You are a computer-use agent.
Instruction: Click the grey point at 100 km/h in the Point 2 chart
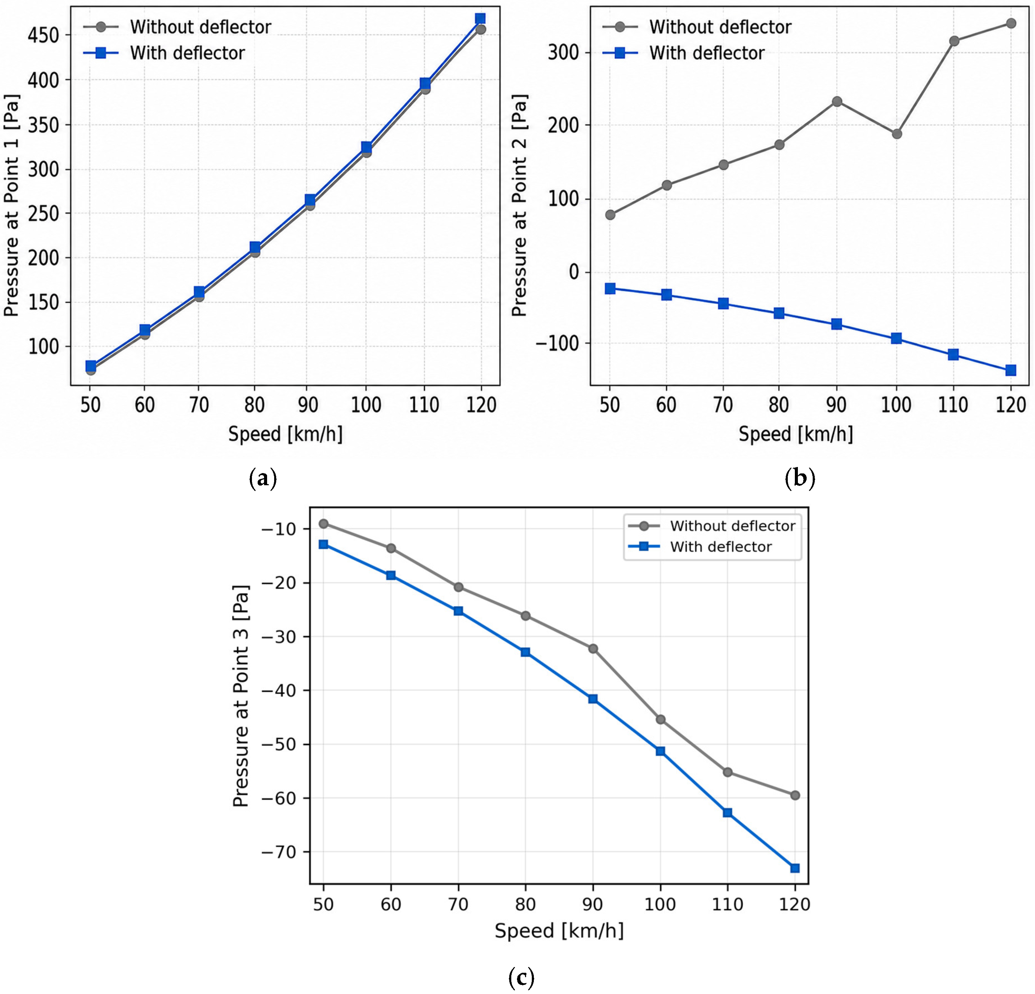click(897, 134)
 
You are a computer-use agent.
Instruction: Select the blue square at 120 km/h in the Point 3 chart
click(795, 868)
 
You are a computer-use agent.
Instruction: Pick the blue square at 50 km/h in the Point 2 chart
click(610, 288)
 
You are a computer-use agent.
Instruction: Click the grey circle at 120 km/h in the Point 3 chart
click(795, 796)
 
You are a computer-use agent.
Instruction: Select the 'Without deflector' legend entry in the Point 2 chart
click(697, 27)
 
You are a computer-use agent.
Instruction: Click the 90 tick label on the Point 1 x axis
click(309, 405)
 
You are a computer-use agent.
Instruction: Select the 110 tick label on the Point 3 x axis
click(728, 905)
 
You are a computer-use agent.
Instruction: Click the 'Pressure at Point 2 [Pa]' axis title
click(520, 206)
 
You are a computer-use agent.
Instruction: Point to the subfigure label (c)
click(521, 977)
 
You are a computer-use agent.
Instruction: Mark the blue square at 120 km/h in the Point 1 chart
click(480, 19)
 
